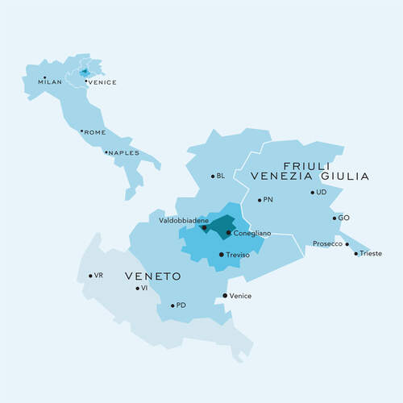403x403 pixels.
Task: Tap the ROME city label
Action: click(94, 133)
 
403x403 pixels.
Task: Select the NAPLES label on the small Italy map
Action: click(124, 153)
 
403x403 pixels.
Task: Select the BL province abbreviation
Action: click(221, 176)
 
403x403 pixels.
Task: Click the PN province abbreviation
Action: click(268, 199)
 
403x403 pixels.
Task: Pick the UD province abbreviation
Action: click(322, 193)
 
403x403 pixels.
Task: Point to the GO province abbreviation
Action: click(344, 218)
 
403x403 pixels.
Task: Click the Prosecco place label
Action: click(327, 243)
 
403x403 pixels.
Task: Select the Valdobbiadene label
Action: click(185, 220)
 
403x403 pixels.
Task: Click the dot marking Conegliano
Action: click(228, 233)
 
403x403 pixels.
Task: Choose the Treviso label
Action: click(239, 255)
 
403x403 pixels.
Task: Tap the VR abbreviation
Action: click(98, 276)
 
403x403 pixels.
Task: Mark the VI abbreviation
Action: click(144, 288)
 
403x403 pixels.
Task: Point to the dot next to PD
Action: click(172, 305)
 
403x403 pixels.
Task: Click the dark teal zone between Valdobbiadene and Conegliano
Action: click(214, 226)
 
